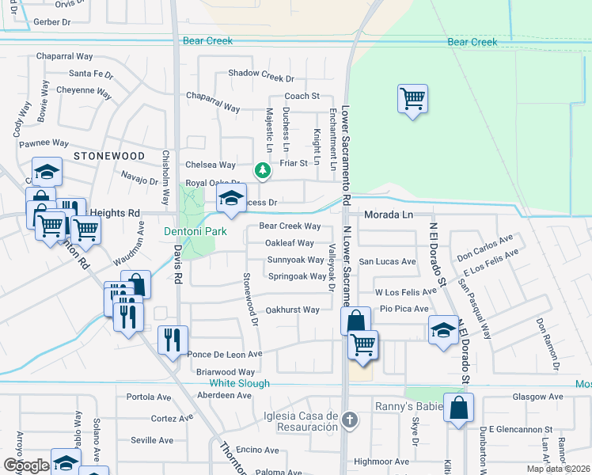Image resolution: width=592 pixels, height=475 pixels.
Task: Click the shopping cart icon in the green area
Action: click(412, 99)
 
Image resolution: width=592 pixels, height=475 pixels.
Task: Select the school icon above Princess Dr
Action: click(231, 199)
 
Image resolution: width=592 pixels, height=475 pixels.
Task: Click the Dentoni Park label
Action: click(195, 231)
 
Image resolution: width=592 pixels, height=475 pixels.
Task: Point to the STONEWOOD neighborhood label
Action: click(109, 157)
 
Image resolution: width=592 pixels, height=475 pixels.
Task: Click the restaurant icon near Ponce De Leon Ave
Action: click(173, 340)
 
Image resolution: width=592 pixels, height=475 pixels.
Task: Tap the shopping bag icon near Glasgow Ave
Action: click(458, 408)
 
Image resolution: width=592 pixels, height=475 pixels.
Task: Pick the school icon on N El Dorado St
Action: click(444, 329)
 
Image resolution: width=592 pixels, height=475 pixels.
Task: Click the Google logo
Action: click(26, 465)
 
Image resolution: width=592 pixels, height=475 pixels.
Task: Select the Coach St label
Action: click(302, 96)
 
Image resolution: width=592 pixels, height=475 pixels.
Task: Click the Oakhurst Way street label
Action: click(292, 310)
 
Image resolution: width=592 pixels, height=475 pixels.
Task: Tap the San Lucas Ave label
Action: click(387, 261)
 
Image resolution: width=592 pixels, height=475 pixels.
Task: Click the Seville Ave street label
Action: click(152, 440)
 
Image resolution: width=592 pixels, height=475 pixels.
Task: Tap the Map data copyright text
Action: click(558, 469)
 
